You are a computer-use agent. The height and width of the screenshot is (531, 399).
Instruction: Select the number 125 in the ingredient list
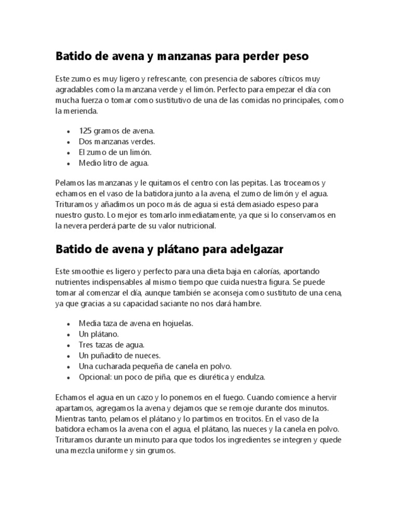pos(86,130)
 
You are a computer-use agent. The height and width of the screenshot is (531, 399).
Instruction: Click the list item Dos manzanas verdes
pos(117,141)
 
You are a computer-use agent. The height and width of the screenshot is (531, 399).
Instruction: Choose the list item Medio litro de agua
pos(114,163)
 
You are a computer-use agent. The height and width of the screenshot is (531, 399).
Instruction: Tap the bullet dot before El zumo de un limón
pos(68,152)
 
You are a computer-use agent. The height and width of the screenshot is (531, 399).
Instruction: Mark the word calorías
pos(282,272)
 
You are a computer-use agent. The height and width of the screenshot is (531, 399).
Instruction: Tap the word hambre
pos(249,304)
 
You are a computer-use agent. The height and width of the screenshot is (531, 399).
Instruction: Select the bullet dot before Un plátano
pos(68,334)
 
